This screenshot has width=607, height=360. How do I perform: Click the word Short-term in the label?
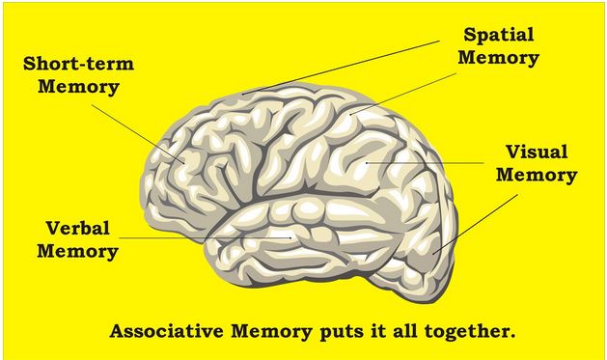tap(78, 64)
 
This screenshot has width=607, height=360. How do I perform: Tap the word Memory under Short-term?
tap(78, 87)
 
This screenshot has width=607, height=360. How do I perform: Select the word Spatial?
tap(499, 35)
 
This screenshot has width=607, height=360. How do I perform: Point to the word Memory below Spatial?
tap(499, 58)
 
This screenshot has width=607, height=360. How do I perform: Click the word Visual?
tap(537, 152)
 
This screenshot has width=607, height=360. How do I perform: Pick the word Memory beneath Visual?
tap(537, 175)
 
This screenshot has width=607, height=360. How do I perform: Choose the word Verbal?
tap(78, 228)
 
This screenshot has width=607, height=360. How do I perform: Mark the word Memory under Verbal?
tap(77, 252)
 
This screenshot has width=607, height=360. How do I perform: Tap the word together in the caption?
tap(470, 332)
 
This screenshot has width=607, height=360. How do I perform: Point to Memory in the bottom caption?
tap(271, 332)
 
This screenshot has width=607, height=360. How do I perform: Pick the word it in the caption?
tap(379, 331)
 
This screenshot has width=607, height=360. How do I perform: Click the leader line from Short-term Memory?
tap(138, 133)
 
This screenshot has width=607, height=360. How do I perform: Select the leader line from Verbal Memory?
tap(206, 237)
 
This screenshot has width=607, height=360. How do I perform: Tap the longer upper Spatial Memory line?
tap(341, 68)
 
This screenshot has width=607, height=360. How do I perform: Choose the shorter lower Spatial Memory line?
tap(403, 94)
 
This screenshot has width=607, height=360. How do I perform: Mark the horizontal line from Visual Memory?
tap(425, 163)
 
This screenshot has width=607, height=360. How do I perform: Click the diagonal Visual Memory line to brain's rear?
tap(476, 224)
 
